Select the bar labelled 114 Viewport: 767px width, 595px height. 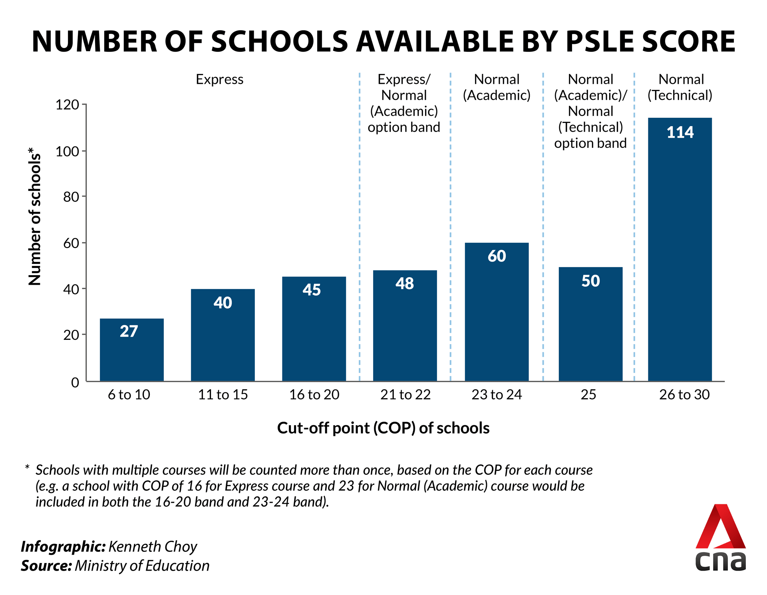click(680, 249)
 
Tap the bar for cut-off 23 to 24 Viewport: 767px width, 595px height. click(497, 312)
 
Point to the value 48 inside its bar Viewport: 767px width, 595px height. click(405, 284)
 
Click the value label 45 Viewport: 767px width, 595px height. click(312, 290)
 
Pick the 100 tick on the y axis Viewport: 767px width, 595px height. click(67, 151)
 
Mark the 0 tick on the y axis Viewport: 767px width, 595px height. click(75, 382)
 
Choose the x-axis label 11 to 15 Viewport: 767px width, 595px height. click(223, 395)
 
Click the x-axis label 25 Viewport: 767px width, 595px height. click(588, 395)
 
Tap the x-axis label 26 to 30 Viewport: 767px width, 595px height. click(684, 395)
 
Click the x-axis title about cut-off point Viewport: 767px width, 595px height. click(383, 428)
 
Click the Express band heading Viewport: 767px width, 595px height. click(219, 79)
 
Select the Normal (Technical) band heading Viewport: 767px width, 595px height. click(680, 87)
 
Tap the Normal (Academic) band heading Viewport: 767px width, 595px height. click(497, 87)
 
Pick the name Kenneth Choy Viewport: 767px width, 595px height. click(153, 547)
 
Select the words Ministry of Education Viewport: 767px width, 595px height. click(142, 566)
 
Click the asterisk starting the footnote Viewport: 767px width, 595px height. click(27, 467)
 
